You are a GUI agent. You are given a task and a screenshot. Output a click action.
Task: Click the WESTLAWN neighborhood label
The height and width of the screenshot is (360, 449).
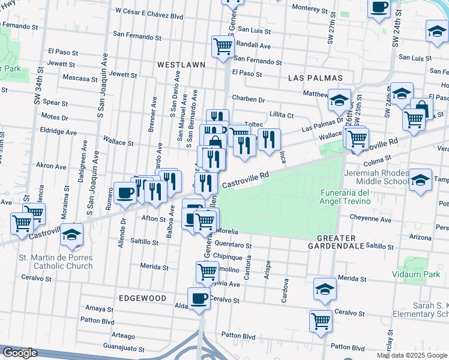pos(182,64)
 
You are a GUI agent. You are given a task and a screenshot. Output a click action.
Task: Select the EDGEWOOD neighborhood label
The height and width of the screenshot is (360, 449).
pos(142,298)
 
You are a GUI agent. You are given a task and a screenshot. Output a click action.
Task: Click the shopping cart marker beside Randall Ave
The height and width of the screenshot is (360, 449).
pos(223,46)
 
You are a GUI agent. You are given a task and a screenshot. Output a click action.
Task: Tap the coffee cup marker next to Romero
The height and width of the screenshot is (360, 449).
pos(125,192)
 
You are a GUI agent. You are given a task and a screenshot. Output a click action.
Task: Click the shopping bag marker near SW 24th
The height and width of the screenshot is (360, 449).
pos(421,109)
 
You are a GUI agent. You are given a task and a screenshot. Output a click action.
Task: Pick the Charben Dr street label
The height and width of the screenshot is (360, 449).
pos(249,99)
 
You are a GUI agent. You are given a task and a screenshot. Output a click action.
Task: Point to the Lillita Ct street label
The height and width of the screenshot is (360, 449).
pos(281,115)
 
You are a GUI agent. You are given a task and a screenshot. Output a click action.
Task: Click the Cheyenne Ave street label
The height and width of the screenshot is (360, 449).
pos(371,220)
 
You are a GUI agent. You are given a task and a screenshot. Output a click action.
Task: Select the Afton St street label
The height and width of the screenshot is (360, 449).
pos(152,219)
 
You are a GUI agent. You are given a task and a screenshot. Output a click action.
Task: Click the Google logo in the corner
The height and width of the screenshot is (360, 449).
pos(20,353)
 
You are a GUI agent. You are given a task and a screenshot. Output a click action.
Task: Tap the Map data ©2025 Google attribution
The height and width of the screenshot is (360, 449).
pos(411,355)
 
